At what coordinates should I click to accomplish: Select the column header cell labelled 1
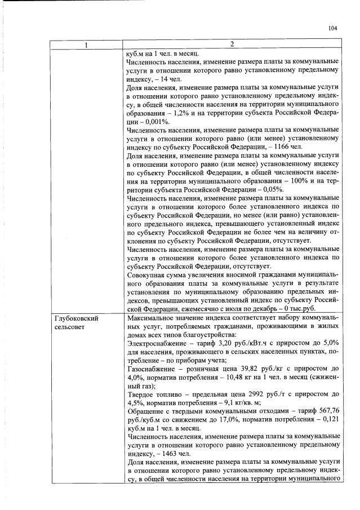[86, 45]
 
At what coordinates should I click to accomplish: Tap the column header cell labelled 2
[233, 45]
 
